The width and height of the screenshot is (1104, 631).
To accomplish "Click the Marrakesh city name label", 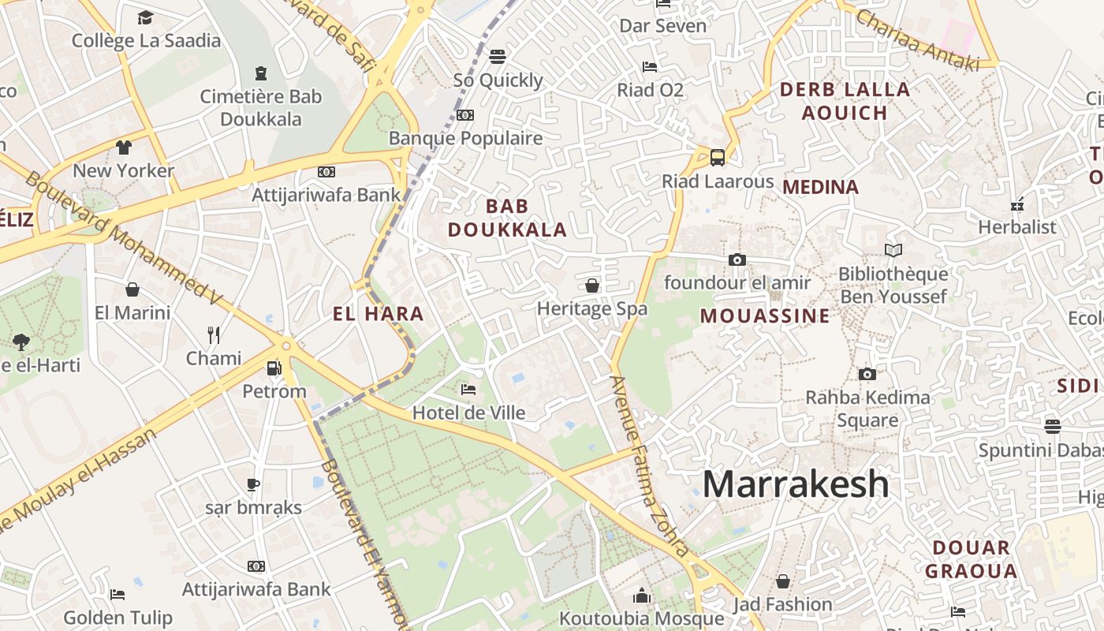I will pos(796,484).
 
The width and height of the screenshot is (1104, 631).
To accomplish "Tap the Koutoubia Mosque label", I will pos(641,618).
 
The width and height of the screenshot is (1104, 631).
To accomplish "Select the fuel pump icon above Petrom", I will pos(274,368).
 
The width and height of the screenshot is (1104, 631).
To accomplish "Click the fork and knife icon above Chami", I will pos(214,335).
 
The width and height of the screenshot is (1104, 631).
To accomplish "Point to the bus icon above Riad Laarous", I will pos(718,158).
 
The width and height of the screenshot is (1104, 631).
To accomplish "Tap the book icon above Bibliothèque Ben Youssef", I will pos(893,251).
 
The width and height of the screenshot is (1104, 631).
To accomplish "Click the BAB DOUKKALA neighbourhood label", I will pos(507,218).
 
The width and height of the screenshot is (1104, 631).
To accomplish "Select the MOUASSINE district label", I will pos(765,316).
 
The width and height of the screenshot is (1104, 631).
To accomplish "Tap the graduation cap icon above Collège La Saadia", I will pos(146,17).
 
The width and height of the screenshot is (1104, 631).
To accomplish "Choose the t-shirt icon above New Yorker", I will pos(124,147).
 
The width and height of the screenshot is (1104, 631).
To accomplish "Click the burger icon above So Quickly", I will pos(498,57).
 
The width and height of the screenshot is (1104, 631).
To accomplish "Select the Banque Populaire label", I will pos(465,138).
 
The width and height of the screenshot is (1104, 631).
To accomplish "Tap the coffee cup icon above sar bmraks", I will pos(253,484).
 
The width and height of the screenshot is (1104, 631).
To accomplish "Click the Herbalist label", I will pos(1016,227).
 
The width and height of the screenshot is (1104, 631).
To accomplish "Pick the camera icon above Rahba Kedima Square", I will pos(867,374).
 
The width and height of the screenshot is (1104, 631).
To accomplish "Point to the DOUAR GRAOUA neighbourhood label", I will pos(971,558).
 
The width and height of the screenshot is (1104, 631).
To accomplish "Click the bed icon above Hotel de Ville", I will pos(468,389).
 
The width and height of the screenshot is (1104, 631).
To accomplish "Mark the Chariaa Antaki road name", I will pos(916,39).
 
